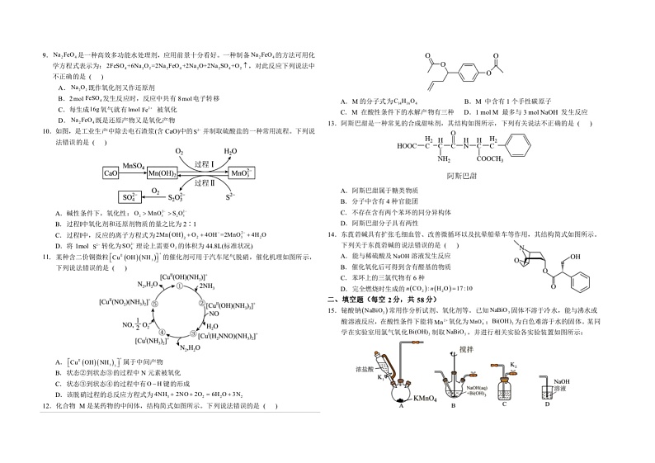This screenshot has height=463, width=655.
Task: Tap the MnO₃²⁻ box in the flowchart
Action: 240,174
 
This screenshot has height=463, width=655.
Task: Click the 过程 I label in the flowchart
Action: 203,165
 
